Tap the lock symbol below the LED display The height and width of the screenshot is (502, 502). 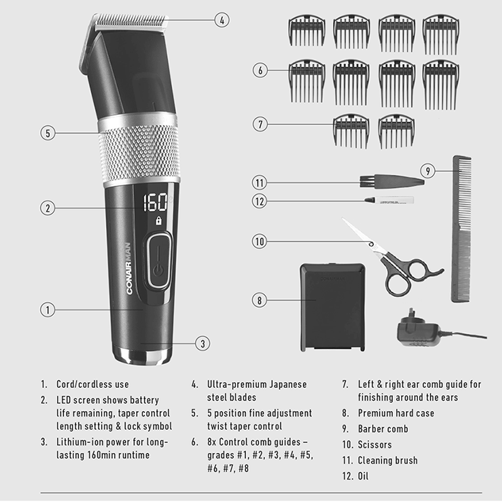point(159,221)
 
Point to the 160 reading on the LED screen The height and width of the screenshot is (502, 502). point(155,202)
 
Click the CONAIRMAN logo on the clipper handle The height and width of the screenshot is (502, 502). point(129,269)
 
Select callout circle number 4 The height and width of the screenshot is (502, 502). point(222,20)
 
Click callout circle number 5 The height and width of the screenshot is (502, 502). point(48,133)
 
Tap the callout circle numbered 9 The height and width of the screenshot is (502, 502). point(428,171)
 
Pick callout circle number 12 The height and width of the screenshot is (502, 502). point(259,201)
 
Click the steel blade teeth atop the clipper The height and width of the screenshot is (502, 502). point(131,21)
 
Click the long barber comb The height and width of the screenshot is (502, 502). point(461,228)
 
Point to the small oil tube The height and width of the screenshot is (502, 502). point(389,200)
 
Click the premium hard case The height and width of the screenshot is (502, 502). point(333,307)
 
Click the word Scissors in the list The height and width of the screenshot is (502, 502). point(375,445)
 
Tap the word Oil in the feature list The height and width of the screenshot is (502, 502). point(363,476)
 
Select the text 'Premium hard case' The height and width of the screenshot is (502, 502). point(396,413)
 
